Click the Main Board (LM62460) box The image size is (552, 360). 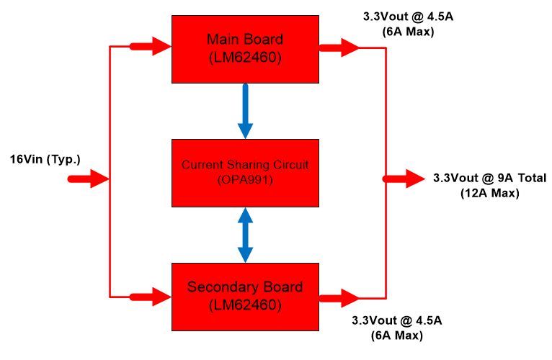tap(245, 48)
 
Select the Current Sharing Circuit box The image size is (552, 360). tap(245, 173)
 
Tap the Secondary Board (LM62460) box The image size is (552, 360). tap(245, 297)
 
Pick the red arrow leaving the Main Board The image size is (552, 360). tap(339, 48)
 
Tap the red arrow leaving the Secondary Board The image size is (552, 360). tap(339, 297)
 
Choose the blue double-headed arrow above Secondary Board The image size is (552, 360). tap(246, 235)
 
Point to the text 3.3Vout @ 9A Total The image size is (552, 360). tap(489, 178)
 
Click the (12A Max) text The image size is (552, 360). tap(489, 193)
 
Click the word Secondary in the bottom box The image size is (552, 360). tap(218, 287)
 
